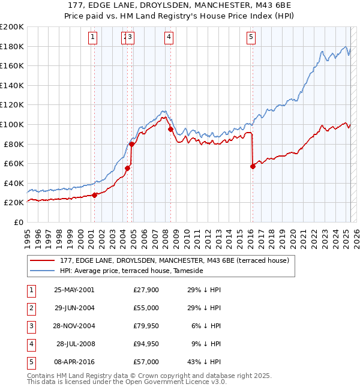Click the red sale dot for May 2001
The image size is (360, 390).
click(x=95, y=195)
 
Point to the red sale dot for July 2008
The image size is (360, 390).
click(x=171, y=129)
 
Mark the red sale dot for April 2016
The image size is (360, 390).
click(x=253, y=166)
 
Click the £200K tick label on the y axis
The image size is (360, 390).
click(x=12, y=26)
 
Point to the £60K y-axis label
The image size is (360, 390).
click(x=14, y=163)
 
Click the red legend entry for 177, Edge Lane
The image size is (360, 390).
click(x=175, y=260)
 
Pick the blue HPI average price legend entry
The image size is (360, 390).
click(x=131, y=271)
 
